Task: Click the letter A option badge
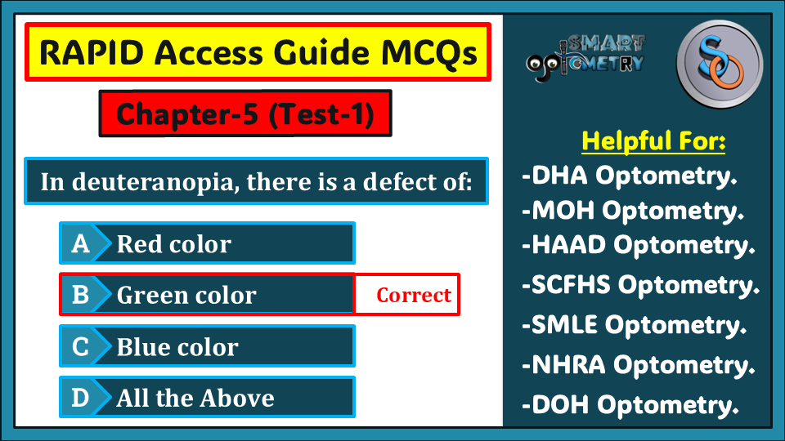tap(80, 243)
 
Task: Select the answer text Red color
tap(173, 244)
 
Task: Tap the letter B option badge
tap(80, 295)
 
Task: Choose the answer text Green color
tap(186, 295)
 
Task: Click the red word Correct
tap(414, 295)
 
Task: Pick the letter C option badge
tap(80, 346)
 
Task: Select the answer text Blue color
tap(177, 346)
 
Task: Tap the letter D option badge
tap(80, 398)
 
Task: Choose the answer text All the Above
tap(195, 398)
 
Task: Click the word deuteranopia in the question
tap(152, 182)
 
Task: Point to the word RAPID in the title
tap(92, 52)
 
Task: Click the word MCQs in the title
tap(428, 52)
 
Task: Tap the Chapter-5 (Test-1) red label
tap(245, 114)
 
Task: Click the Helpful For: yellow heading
tap(653, 140)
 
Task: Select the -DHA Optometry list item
tap(630, 176)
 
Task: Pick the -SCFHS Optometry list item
tap(641, 285)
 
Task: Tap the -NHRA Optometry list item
tap(639, 365)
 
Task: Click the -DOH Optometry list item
tap(630, 404)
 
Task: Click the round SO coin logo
tap(720, 64)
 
